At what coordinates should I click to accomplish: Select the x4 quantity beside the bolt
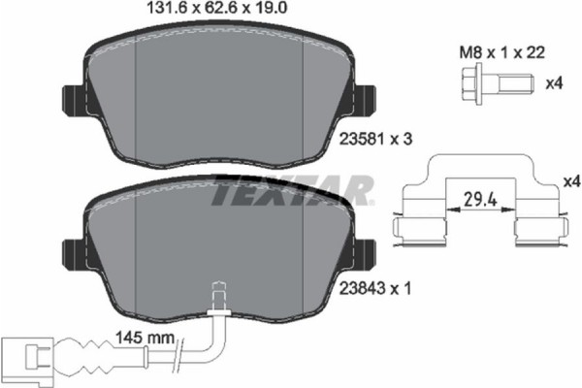(x=554, y=84)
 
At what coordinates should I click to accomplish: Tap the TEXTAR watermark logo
(x=291, y=190)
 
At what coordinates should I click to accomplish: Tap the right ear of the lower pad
(x=366, y=254)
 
